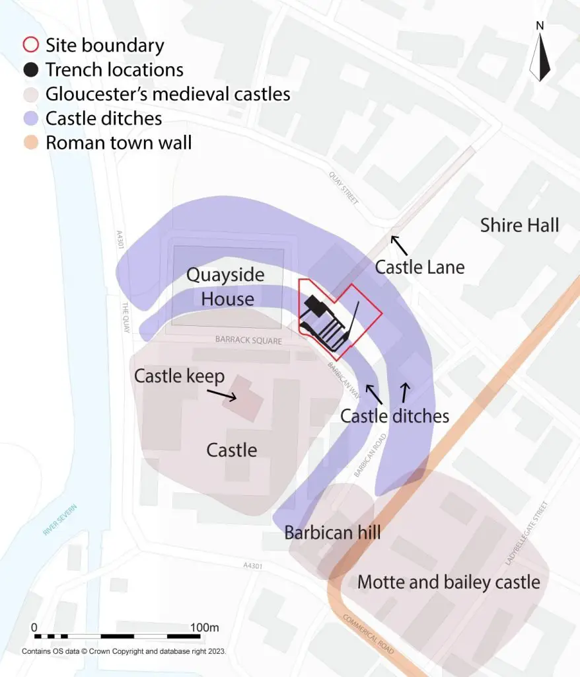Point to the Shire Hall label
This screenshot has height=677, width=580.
pos(519,225)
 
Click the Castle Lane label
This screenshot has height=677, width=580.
pos(419,267)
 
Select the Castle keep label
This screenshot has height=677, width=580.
pos(179,376)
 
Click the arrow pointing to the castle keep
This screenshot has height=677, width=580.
pos(223,394)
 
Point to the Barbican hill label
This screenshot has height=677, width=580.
pos(332,532)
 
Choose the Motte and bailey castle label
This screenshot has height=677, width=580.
pos(449,582)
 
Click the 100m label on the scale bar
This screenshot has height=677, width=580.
pos(204,627)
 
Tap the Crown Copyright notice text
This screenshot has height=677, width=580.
pos(124,651)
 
